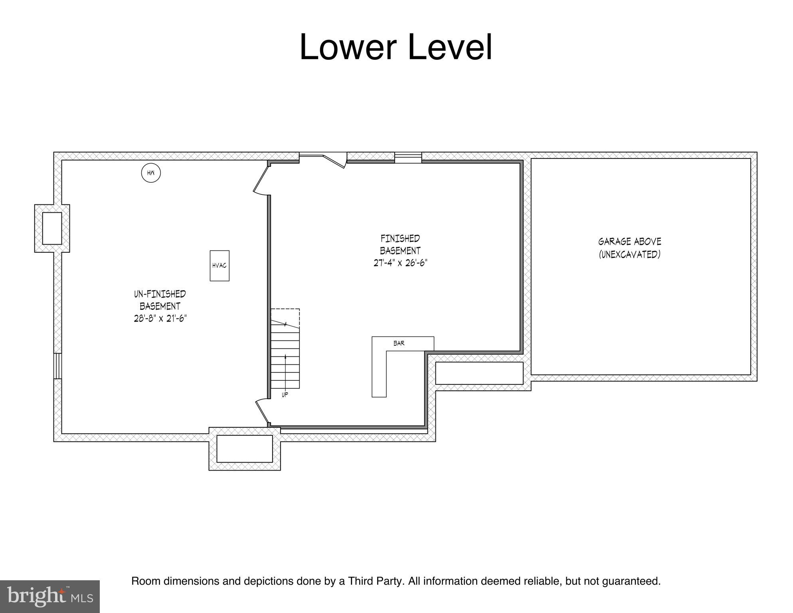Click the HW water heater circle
click(x=151, y=173)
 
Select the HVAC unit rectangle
click(x=220, y=265)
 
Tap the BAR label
click(x=399, y=343)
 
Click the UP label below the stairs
click(x=285, y=395)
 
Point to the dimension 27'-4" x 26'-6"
click(x=400, y=263)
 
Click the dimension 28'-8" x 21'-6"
click(x=160, y=318)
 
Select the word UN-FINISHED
click(x=160, y=294)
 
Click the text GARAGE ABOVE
click(x=629, y=241)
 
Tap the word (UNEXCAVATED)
click(x=629, y=254)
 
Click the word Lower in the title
click(x=347, y=47)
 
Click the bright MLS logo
click(x=49, y=596)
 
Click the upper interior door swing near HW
click(x=261, y=180)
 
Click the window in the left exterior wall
click(x=57, y=366)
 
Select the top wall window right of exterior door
click(x=408, y=158)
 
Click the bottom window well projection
click(x=244, y=449)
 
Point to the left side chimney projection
click(x=52, y=228)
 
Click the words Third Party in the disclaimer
click(x=376, y=581)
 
